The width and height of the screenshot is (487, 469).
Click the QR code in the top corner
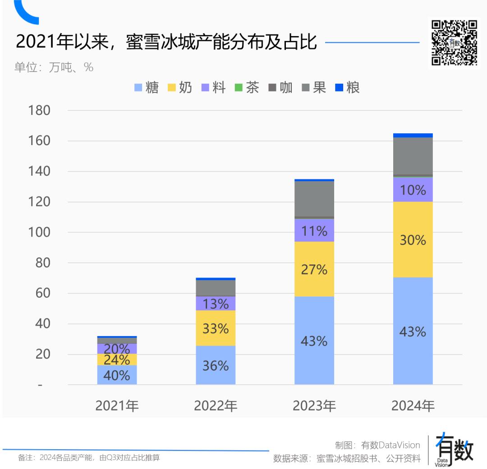(x=454, y=43)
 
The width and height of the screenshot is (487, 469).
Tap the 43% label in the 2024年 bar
(x=413, y=332)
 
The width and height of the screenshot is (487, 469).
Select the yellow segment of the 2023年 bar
(x=314, y=269)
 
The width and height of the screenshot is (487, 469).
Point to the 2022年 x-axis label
(x=216, y=406)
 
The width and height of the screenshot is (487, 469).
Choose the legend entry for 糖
(x=147, y=87)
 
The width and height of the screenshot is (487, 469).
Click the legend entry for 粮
(x=348, y=87)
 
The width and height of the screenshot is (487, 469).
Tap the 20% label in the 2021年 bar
(x=117, y=349)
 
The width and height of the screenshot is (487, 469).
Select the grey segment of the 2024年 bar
(x=413, y=155)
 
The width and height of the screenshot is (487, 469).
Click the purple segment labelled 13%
(x=216, y=304)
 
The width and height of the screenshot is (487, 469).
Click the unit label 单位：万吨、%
(x=54, y=68)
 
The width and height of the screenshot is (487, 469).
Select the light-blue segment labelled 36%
(x=216, y=365)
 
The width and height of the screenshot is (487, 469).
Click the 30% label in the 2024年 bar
(x=413, y=240)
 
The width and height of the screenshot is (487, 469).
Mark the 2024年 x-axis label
(x=413, y=406)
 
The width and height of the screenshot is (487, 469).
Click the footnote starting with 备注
(x=89, y=458)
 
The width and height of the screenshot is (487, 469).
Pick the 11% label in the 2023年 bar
(x=314, y=231)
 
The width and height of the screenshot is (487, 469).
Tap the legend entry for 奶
(x=180, y=87)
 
